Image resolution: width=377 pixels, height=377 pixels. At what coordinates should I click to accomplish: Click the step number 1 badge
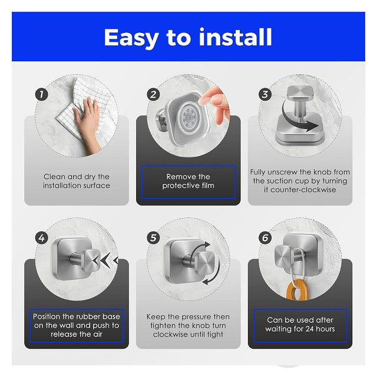pos(42,94)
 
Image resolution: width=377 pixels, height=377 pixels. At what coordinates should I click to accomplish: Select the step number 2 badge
pos(153,94)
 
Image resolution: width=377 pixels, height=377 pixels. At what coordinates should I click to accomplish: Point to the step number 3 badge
pos(265,94)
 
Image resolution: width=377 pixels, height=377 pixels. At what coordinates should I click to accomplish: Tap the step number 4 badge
pos(42,238)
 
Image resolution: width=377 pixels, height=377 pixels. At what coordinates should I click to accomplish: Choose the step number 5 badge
pos(153,238)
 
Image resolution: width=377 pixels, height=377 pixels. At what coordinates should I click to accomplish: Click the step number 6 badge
pos(265,238)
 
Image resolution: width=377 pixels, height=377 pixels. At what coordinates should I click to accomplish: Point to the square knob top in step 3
pos(300,93)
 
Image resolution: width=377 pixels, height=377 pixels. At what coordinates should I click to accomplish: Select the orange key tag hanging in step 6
pos(297,289)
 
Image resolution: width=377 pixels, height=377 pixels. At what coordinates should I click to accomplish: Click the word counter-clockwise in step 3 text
pos(303,190)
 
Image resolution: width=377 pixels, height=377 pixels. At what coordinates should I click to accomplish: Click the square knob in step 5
pos(206,263)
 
